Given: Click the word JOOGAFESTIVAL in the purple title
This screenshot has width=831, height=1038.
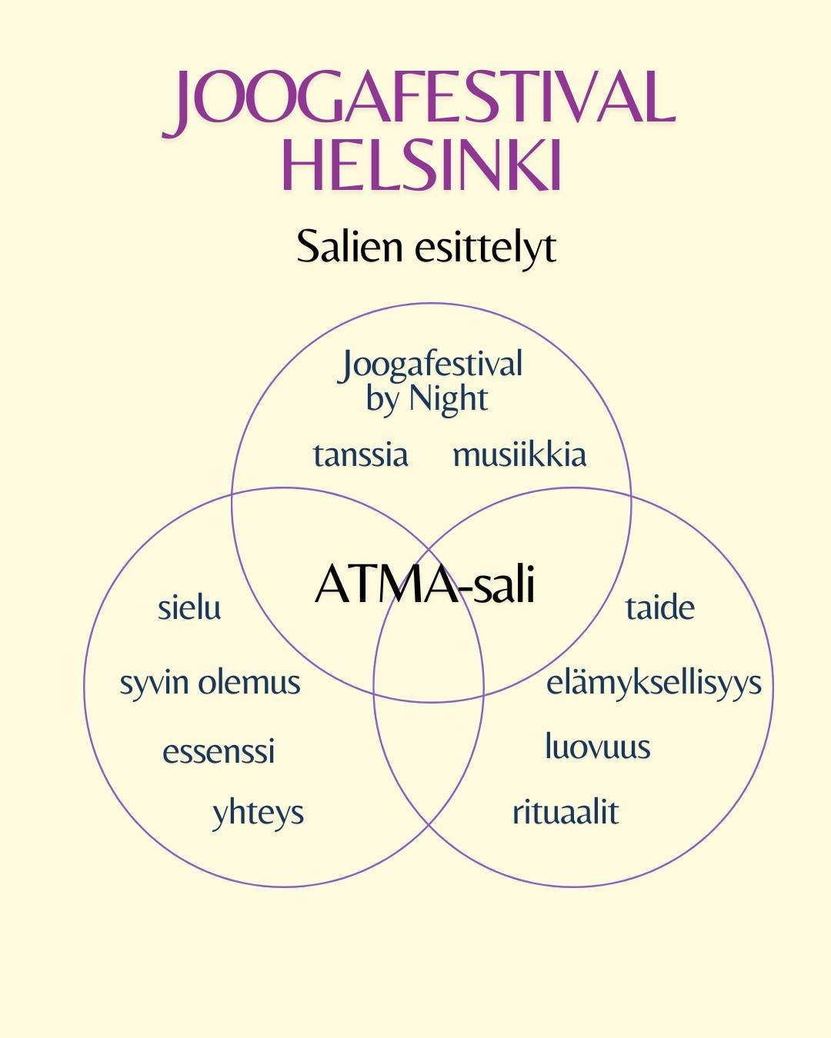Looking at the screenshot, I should click(x=419, y=100).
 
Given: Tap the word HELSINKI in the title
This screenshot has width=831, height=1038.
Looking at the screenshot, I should click(x=422, y=165).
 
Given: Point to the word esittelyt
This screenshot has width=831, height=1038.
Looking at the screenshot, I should click(x=485, y=248).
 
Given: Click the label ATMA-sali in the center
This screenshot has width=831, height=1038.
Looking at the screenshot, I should click(x=425, y=584).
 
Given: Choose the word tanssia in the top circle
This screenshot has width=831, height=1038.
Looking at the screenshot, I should click(x=360, y=454).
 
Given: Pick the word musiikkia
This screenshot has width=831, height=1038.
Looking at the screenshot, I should click(x=519, y=454).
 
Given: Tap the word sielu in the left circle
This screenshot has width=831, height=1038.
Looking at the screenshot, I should click(x=189, y=607).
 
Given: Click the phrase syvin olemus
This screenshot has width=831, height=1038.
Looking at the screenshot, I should click(x=209, y=683).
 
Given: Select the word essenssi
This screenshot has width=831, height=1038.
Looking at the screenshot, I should click(x=219, y=751).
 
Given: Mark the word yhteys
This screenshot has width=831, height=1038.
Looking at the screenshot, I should click(x=258, y=813).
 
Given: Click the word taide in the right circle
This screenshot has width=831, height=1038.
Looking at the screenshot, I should click(x=659, y=607).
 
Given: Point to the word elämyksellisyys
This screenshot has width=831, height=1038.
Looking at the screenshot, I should click(x=654, y=683).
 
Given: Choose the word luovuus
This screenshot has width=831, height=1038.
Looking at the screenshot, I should click(x=598, y=747).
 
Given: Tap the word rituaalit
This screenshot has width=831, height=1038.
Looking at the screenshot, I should click(x=566, y=812).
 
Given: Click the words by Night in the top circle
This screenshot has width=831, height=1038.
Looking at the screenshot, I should click(x=427, y=399).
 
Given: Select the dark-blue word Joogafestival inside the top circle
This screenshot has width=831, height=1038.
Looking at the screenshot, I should click(x=431, y=364).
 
